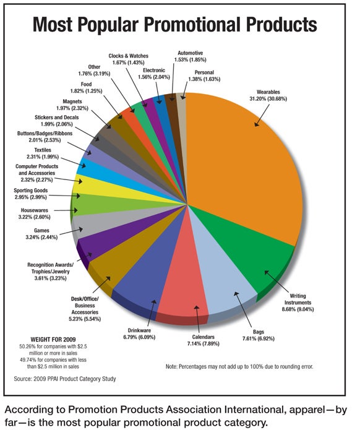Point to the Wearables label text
pos(268,92)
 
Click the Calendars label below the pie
pos(203,337)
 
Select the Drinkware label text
pos(139,330)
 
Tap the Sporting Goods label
pos(31,191)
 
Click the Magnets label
pos(72,101)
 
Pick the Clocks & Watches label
pos(128,56)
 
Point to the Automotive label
pos(191,53)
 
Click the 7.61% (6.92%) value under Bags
pos(259,338)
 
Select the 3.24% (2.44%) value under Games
pos(41,237)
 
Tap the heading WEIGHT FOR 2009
pos(53,340)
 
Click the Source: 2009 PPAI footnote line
pos(65,379)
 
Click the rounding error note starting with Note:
pos(239,366)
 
